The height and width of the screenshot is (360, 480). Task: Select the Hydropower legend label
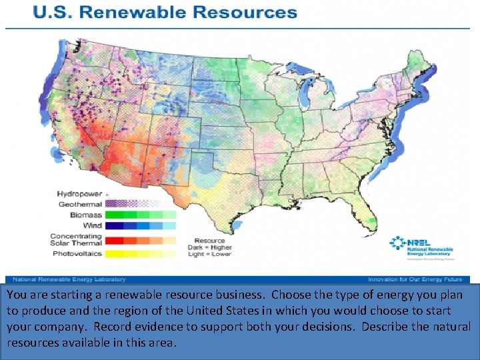(79, 194)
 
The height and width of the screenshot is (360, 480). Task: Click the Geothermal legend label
(80, 204)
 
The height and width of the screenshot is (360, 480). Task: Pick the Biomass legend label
(85, 215)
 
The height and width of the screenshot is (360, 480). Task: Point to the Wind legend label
(92, 226)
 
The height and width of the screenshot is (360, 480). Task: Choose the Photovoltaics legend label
(78, 253)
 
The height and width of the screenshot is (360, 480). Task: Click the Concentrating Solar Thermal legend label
(76, 239)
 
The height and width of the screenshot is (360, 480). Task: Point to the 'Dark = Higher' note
(213, 247)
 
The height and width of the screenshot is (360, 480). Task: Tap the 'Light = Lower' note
(213, 254)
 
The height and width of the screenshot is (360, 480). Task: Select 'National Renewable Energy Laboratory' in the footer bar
(67, 279)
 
